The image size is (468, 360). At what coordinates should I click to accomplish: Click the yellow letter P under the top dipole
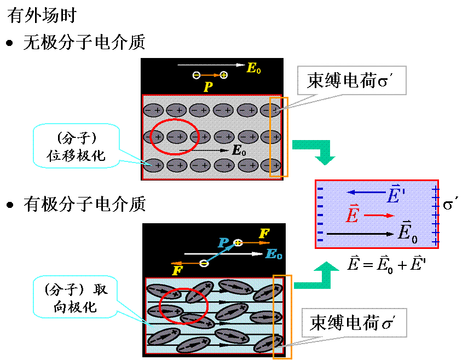(208, 87)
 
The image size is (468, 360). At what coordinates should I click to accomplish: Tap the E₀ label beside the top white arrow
(254, 68)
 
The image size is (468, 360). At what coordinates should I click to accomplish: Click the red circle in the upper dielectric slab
(174, 136)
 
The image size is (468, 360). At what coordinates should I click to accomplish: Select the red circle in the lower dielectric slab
(183, 305)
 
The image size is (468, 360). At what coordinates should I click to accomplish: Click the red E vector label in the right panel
(353, 215)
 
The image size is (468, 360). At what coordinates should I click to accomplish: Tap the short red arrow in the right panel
(379, 216)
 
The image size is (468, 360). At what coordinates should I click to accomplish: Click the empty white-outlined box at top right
(351, 80)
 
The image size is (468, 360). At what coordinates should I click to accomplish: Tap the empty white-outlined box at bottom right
(354, 323)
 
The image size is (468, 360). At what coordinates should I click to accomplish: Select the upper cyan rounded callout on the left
(76, 145)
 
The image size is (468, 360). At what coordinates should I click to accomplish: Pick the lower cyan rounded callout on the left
(75, 297)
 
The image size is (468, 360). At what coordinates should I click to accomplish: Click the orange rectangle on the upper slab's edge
(279, 137)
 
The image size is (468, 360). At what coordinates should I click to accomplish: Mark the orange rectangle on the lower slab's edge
(282, 317)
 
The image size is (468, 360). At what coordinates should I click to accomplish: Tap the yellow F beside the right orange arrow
(264, 234)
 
